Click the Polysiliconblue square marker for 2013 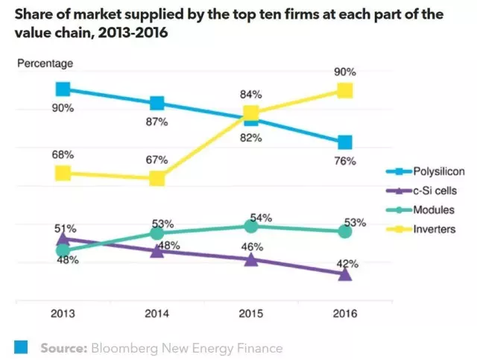click(x=63, y=89)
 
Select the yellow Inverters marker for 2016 click(x=344, y=90)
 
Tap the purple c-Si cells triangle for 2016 click(x=344, y=274)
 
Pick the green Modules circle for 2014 click(x=157, y=233)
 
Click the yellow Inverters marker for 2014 click(x=157, y=178)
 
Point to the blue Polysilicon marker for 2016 click(x=344, y=142)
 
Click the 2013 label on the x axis click(x=63, y=315)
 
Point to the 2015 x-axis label click(x=251, y=315)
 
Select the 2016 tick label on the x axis click(x=344, y=315)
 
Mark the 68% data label click(x=63, y=155)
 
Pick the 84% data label click(x=250, y=95)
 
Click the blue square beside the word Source click(x=22, y=347)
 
